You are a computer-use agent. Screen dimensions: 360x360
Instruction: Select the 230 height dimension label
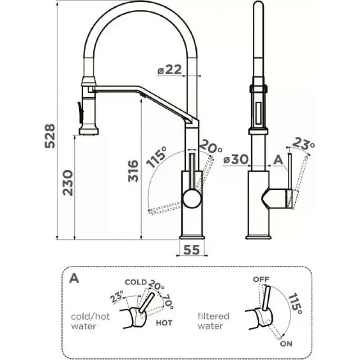point(67,182)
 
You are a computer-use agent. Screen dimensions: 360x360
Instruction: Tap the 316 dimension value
point(134,170)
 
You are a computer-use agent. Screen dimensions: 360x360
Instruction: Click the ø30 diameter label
point(235,160)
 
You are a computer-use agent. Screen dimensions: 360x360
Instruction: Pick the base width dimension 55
point(191,250)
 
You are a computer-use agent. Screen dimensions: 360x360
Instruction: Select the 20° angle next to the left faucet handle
point(210,146)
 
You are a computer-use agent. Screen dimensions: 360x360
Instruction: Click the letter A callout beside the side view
point(278,159)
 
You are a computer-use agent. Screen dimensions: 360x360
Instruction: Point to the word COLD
point(136,283)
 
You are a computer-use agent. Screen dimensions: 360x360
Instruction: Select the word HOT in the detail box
point(164,323)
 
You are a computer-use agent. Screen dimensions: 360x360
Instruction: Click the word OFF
point(261,279)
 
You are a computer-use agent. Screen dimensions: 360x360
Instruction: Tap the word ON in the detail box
point(285,344)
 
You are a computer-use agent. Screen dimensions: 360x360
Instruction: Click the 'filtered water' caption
point(213,321)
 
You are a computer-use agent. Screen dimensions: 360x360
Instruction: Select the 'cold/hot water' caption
point(90,321)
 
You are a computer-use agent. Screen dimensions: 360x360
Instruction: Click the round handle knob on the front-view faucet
point(193,198)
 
